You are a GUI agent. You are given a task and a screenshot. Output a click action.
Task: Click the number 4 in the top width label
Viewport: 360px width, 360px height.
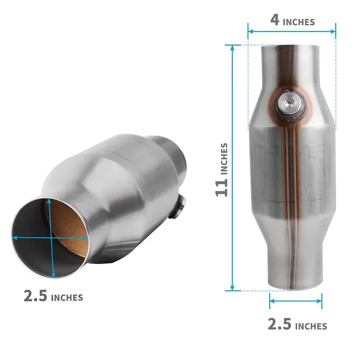click(x=275, y=21)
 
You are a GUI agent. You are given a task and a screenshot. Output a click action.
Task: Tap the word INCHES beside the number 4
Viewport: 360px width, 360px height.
click(x=299, y=22)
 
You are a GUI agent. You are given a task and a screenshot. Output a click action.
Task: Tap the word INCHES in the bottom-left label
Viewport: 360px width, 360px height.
click(x=67, y=297)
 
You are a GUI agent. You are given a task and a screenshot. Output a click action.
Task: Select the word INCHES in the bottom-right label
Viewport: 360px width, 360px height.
click(x=310, y=325)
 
